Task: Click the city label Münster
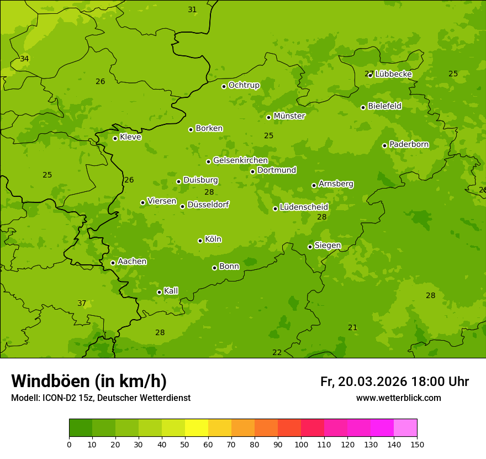tap(289, 116)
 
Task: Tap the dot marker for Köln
tap(200, 241)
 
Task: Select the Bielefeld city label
tap(384, 106)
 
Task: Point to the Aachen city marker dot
tap(113, 263)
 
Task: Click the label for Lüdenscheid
tap(304, 207)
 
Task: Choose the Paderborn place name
tap(409, 144)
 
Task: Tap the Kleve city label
tap(130, 137)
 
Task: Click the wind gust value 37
tap(82, 303)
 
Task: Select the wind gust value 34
tap(24, 59)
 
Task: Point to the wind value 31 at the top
tap(192, 9)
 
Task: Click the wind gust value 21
tap(353, 327)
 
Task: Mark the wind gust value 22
tap(277, 352)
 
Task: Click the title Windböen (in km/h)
tap(89, 381)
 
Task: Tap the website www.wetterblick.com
tap(398, 398)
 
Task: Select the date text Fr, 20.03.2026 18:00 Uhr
tap(394, 382)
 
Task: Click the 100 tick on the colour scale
tap(301, 444)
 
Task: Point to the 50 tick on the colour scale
tap(185, 444)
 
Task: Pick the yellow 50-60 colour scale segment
tap(197, 428)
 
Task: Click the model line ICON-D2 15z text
tap(101, 398)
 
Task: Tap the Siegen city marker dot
tap(310, 247)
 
